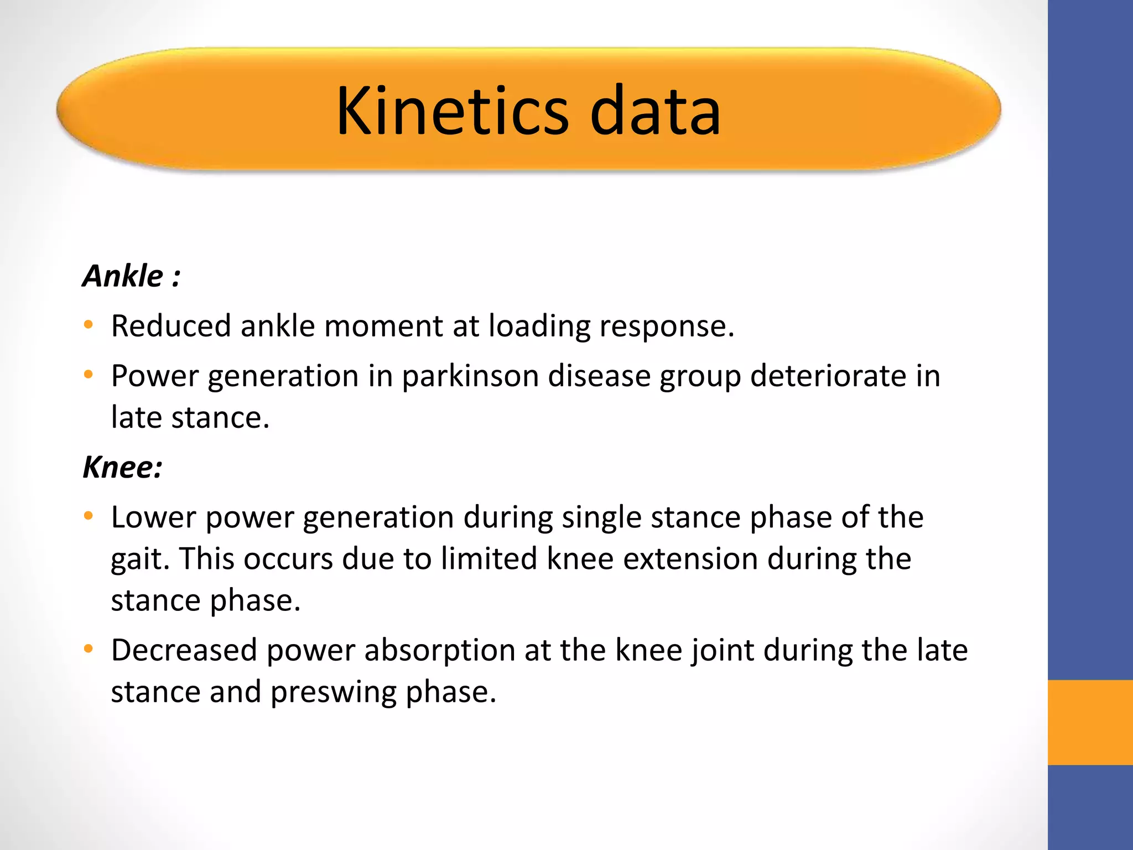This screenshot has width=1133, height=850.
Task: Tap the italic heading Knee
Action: [x=122, y=467]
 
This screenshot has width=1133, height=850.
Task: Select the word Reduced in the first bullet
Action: [x=171, y=325]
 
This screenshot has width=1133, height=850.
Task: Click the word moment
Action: [x=383, y=325]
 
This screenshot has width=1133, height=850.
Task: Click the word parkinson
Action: [x=470, y=376]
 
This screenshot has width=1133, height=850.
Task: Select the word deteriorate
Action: [x=828, y=376]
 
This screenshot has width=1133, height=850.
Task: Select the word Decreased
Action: [x=184, y=650]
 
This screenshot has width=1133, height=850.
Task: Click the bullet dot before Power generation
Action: [x=89, y=375]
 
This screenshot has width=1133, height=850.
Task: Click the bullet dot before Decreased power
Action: [x=89, y=649]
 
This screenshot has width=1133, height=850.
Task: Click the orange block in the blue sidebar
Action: [x=1090, y=722]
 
